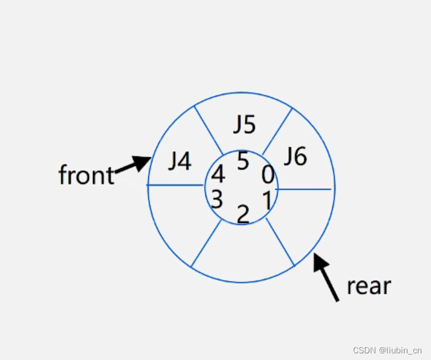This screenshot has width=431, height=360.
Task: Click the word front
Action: (x=86, y=175)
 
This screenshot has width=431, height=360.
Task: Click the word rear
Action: (x=369, y=286)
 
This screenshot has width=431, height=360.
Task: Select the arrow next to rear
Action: (x=326, y=277)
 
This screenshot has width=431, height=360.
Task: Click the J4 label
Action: (x=180, y=162)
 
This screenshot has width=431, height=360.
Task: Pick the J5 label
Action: (x=245, y=125)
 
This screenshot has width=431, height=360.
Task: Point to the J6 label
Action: (x=296, y=157)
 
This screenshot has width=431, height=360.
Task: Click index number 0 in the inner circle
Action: (x=268, y=175)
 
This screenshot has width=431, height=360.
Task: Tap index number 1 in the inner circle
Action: (x=266, y=199)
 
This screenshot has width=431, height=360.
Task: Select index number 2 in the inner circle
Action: (x=243, y=214)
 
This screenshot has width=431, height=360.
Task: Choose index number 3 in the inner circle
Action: (x=217, y=198)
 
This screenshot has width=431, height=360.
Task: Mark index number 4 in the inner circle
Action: (x=218, y=174)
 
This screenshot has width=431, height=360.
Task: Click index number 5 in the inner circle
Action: (x=243, y=162)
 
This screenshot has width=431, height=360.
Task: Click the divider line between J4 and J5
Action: (x=208, y=129)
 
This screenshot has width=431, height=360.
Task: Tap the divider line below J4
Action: (x=175, y=185)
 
